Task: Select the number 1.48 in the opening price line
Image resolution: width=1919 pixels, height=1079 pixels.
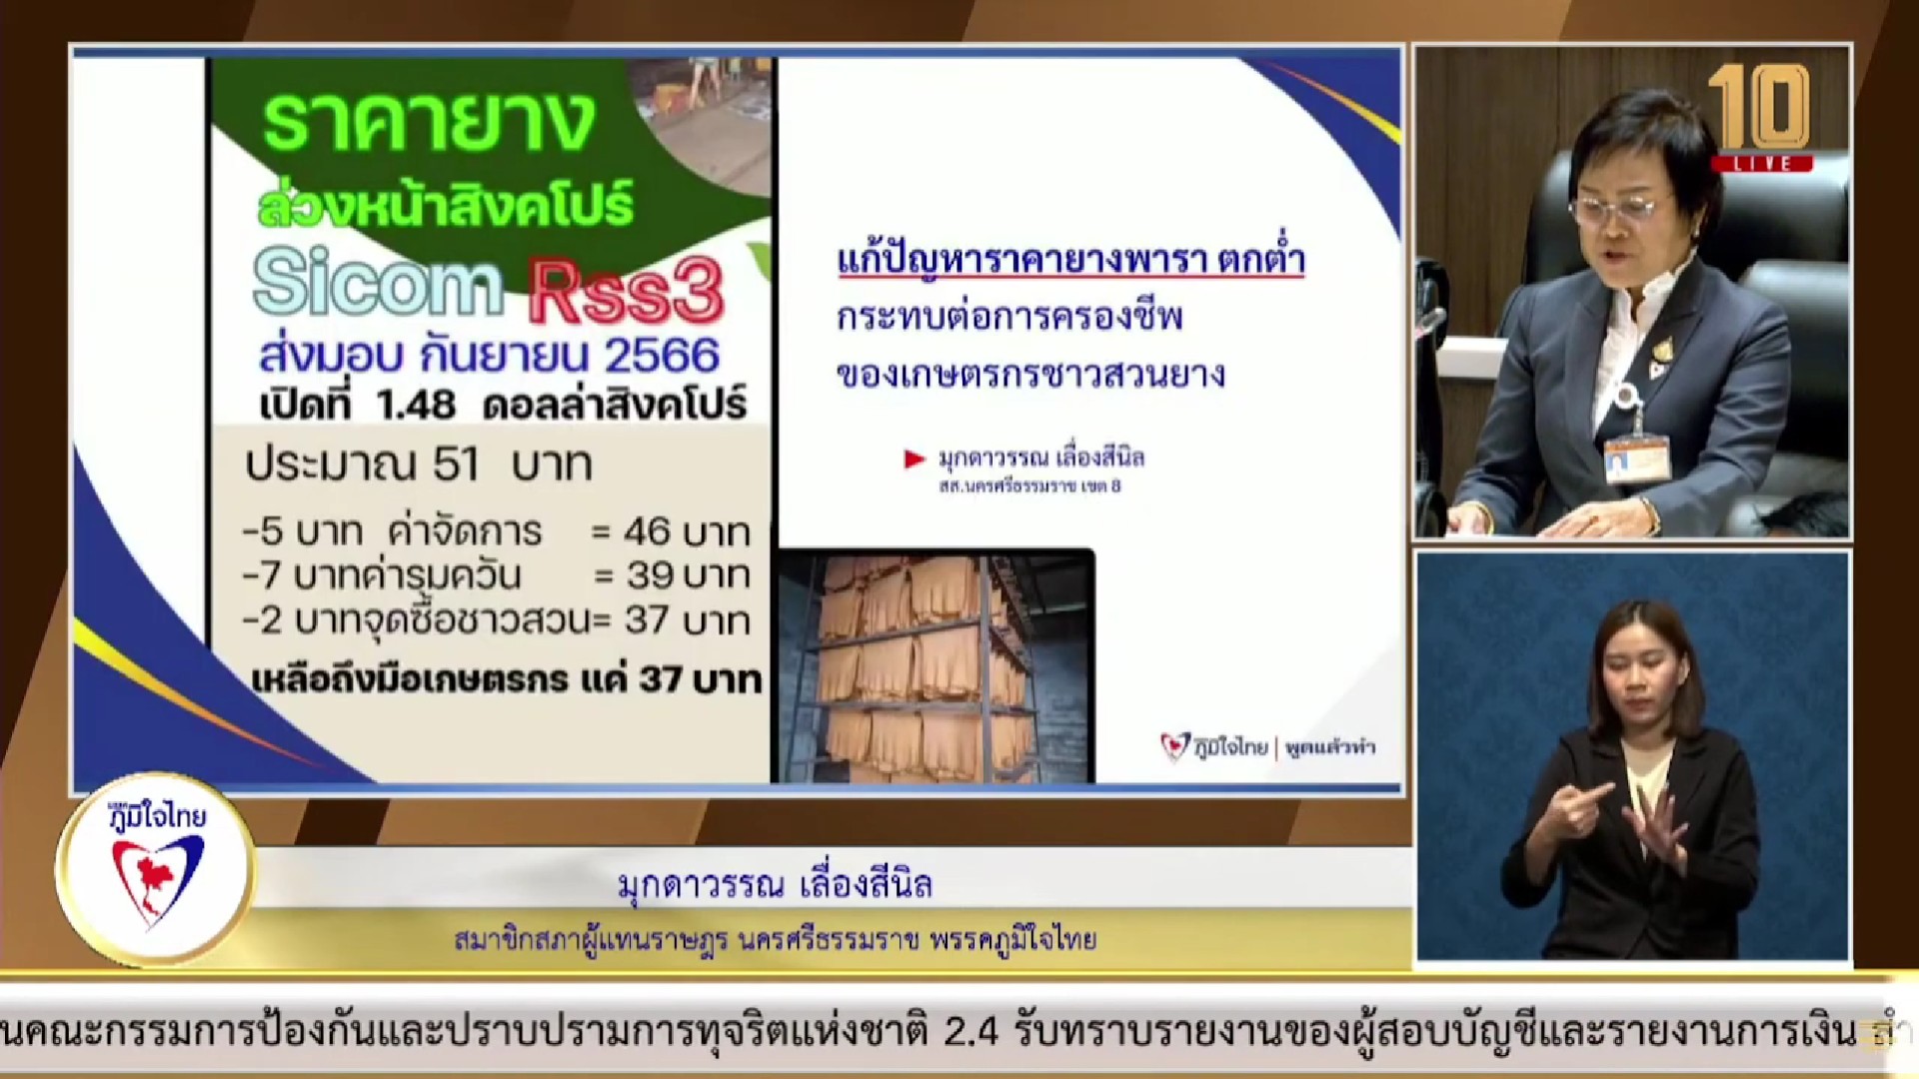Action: tap(416, 405)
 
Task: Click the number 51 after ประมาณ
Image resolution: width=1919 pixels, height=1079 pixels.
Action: tap(456, 465)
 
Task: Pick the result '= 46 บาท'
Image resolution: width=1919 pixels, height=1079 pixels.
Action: tap(671, 533)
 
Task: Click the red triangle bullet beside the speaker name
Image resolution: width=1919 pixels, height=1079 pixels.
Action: tap(914, 459)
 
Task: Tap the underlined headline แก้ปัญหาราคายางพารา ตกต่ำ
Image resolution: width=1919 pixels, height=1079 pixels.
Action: tap(1070, 261)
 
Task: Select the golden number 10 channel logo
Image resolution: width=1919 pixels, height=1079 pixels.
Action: tap(1758, 108)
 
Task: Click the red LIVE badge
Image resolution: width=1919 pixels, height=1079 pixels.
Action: tap(1761, 163)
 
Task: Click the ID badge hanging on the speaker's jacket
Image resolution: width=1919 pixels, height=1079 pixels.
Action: tap(1637, 458)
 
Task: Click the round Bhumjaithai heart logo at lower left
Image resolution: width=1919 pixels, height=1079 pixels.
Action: tap(156, 870)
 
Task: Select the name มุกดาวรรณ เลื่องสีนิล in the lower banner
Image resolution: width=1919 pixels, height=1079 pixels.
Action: tap(775, 884)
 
